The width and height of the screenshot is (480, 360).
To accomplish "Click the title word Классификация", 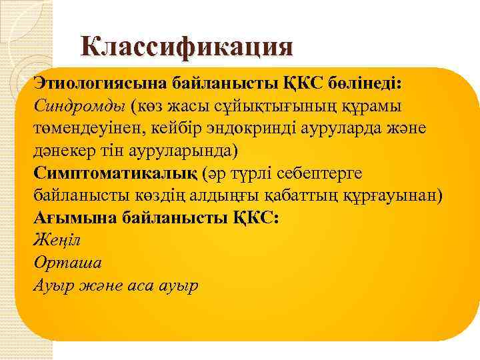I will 187,46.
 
